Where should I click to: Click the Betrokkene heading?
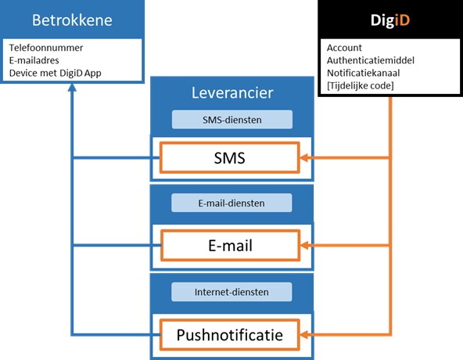point(72,20)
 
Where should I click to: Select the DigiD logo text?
point(390,20)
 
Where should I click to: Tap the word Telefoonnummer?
point(46,48)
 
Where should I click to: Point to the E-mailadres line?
point(34,60)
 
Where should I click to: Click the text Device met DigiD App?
point(56,73)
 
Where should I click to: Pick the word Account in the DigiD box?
point(344,48)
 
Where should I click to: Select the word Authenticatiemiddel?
point(371,60)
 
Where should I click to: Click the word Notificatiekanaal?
point(363,73)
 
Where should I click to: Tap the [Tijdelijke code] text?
point(361,86)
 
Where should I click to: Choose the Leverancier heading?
point(232,93)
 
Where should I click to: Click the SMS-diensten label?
point(232,120)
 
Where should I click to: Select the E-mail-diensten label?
point(231,203)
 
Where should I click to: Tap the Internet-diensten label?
point(231,292)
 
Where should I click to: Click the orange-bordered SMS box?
point(230,157)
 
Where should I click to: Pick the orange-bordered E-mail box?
point(230,245)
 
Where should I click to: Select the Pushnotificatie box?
point(230,335)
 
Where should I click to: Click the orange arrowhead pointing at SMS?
point(303,157)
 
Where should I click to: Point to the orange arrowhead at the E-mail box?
point(304,245)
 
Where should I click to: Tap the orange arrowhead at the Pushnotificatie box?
point(303,335)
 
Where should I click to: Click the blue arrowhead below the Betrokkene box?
point(72,88)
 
